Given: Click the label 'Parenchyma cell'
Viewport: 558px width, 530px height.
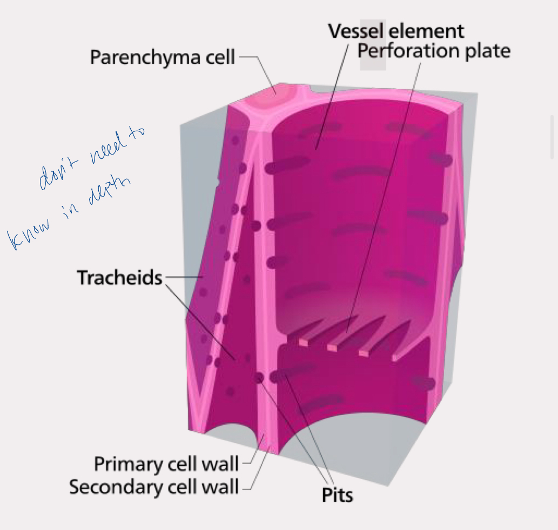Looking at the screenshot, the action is (162, 57).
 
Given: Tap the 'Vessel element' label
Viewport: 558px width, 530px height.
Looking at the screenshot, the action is (396, 31).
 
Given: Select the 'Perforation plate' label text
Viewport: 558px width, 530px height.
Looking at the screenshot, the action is (434, 51).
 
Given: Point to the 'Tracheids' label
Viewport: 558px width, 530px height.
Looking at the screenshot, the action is (119, 278).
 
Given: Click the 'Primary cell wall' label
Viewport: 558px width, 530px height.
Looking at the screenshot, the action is (166, 464).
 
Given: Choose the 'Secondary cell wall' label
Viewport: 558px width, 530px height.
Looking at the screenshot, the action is (154, 487).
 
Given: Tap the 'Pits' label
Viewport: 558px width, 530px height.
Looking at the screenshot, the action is (338, 495).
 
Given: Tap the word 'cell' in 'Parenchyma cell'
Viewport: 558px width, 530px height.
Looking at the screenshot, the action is (218, 57).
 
